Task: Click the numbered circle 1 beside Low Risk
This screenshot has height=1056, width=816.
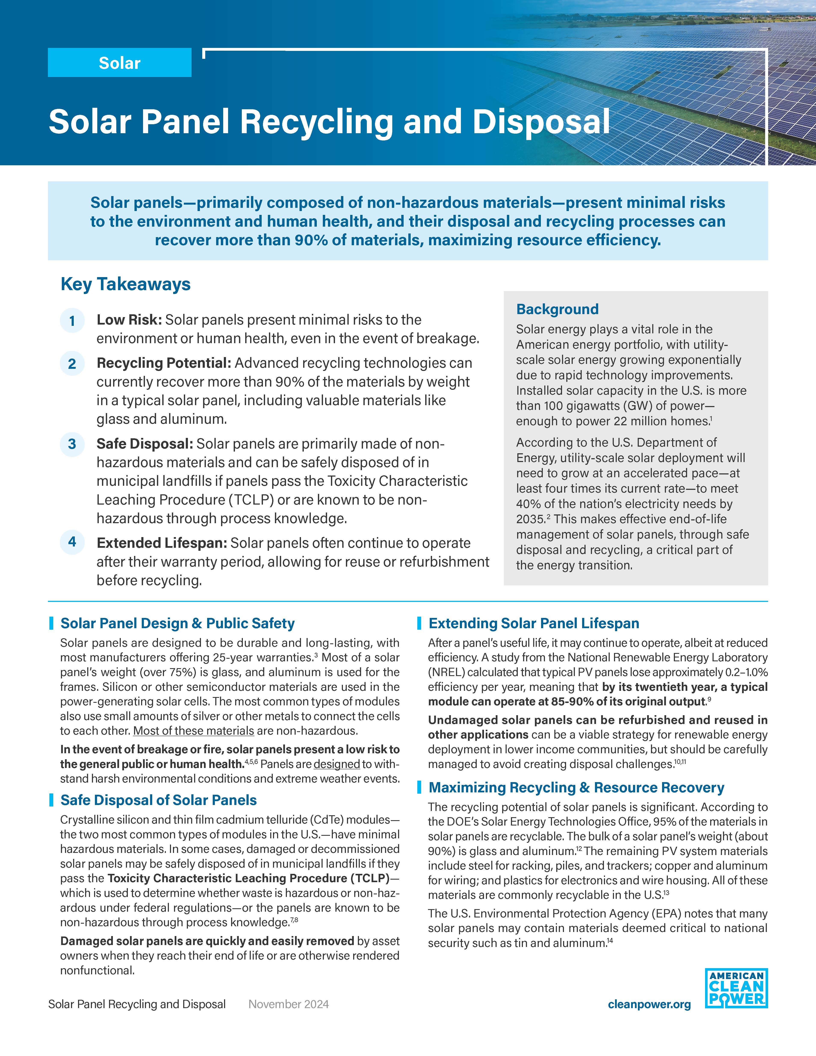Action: (72, 320)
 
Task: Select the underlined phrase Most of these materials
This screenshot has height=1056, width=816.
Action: (193, 731)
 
